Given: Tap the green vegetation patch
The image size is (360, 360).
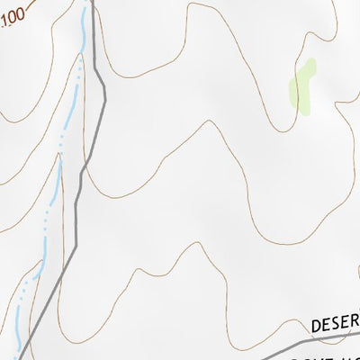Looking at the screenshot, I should coord(301,85).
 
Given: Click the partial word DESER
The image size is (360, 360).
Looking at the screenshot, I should coord(335,323).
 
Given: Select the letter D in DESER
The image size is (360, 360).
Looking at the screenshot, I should coord(318,325).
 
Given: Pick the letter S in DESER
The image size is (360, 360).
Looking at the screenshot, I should coord(340,322).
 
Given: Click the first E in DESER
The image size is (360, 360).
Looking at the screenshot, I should coord(329,324).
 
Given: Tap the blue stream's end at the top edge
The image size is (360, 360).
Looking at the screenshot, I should coord(87,2).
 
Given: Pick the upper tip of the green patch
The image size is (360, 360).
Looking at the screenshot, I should coord(310,62).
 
